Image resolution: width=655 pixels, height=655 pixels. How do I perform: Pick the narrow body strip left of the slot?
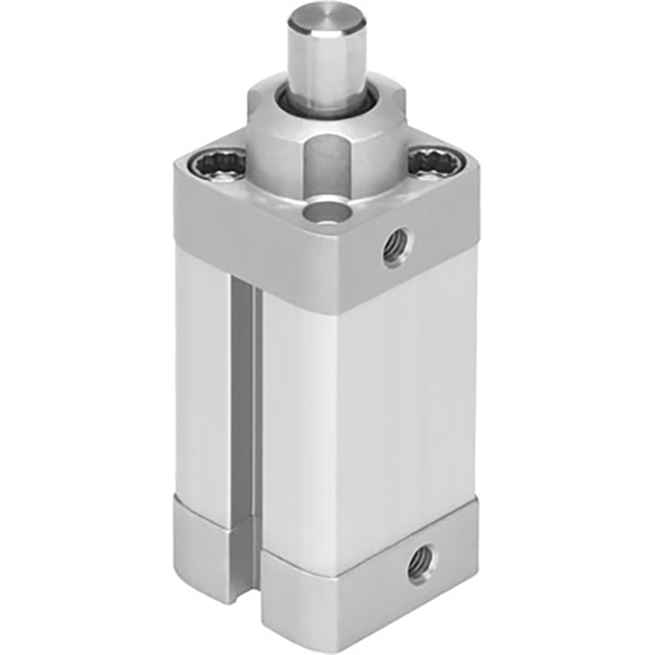201,374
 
